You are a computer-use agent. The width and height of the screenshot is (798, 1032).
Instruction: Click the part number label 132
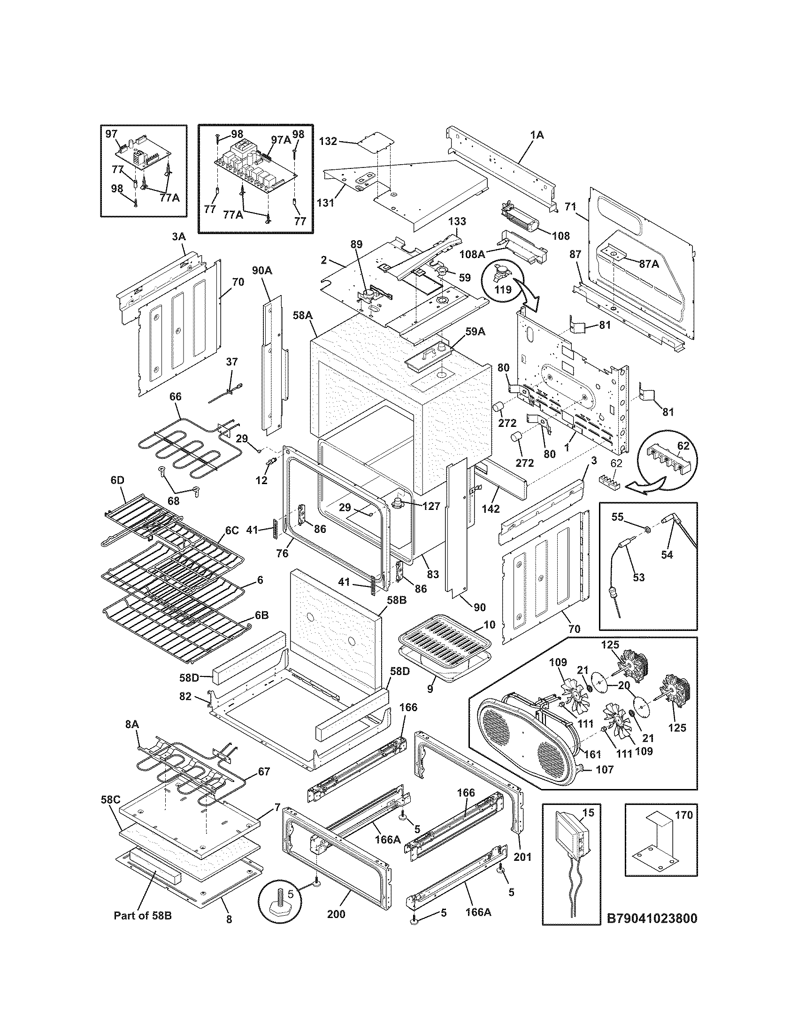pos(328,141)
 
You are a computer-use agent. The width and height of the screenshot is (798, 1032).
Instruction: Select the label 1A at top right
pos(537,135)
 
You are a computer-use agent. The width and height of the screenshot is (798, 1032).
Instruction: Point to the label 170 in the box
pos(683,815)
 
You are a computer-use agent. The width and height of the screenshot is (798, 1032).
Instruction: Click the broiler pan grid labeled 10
pos(440,646)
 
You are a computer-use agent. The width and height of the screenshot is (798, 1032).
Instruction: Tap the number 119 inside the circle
pos(503,289)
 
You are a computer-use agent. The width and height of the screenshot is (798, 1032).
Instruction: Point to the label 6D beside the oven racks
pos(117,479)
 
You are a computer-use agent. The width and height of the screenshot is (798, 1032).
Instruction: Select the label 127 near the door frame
pos(430,506)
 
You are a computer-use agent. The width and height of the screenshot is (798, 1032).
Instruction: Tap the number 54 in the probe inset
pos(667,555)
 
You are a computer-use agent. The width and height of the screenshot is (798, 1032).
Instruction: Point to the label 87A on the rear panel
pos(649,264)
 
